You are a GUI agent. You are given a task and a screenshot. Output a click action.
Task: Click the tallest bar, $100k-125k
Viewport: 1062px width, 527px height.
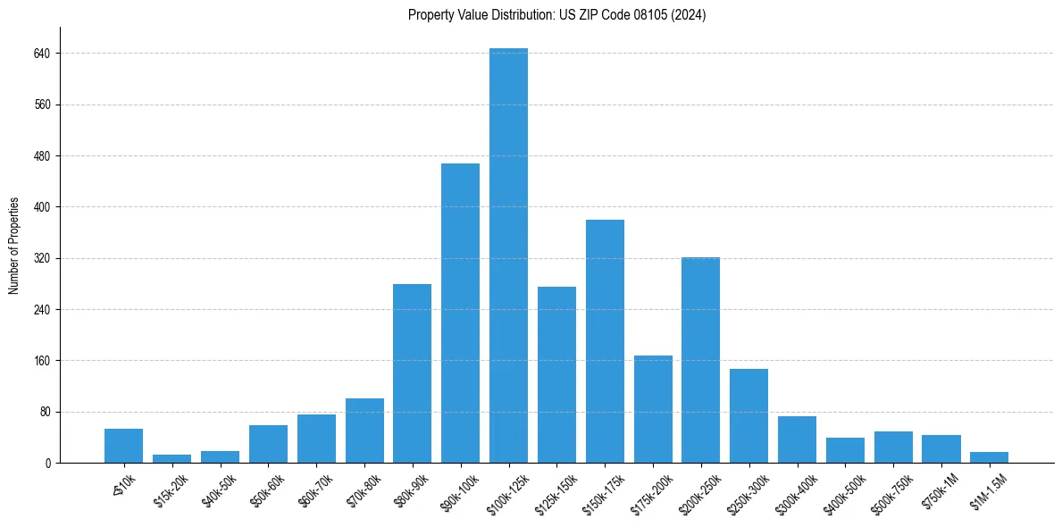click(508, 255)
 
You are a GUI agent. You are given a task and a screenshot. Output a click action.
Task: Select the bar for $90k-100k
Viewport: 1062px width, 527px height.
click(460, 313)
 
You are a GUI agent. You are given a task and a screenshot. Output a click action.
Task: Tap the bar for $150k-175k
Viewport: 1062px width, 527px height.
click(605, 341)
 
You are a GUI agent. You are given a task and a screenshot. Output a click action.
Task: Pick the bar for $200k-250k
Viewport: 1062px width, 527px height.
click(700, 360)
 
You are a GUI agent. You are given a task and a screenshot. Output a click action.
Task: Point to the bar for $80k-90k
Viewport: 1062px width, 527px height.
click(412, 373)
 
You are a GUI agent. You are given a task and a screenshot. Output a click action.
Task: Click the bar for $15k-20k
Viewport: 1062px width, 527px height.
click(171, 459)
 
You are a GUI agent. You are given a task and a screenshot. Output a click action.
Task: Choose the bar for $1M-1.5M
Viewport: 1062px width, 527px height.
click(989, 457)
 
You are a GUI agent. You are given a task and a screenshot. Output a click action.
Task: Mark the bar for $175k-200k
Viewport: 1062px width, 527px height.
click(653, 409)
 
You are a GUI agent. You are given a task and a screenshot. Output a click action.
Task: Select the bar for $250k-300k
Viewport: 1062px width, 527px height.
click(748, 415)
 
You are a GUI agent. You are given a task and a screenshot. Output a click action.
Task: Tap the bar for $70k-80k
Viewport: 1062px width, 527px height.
click(364, 431)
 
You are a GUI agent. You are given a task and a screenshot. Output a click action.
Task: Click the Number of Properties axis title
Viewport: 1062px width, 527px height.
click(14, 246)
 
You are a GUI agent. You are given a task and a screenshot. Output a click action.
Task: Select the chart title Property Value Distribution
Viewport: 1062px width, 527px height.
click(556, 15)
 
